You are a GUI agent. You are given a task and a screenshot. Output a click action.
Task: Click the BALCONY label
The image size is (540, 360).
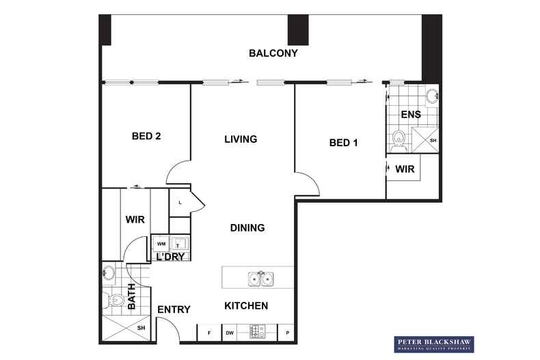273,53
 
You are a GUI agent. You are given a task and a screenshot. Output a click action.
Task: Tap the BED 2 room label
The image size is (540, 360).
146,136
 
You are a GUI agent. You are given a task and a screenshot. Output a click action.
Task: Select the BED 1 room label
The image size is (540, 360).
344,143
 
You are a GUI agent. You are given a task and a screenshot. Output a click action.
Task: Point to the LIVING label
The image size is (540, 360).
241,139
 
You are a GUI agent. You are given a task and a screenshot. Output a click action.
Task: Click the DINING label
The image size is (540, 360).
247,227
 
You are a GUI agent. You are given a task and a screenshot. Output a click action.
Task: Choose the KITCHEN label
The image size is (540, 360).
246,305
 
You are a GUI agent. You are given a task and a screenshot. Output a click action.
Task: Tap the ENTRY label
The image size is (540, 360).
174,309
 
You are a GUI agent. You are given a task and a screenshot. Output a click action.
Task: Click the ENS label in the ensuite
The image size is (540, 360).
411,114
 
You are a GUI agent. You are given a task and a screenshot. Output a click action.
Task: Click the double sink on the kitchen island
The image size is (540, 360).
260,278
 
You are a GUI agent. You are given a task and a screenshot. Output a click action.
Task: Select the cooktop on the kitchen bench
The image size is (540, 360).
258,332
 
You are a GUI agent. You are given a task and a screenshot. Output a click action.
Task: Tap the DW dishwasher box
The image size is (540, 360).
230,333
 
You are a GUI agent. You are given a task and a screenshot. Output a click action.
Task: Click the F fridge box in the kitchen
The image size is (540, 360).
208,333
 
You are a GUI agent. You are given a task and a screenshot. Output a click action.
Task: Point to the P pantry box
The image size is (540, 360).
287,333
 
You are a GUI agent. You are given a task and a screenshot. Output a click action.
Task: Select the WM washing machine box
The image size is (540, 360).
161,243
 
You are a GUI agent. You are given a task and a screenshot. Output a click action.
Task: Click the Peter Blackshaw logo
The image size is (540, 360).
435,344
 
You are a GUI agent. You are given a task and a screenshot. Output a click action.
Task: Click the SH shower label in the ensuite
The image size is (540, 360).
432,141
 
